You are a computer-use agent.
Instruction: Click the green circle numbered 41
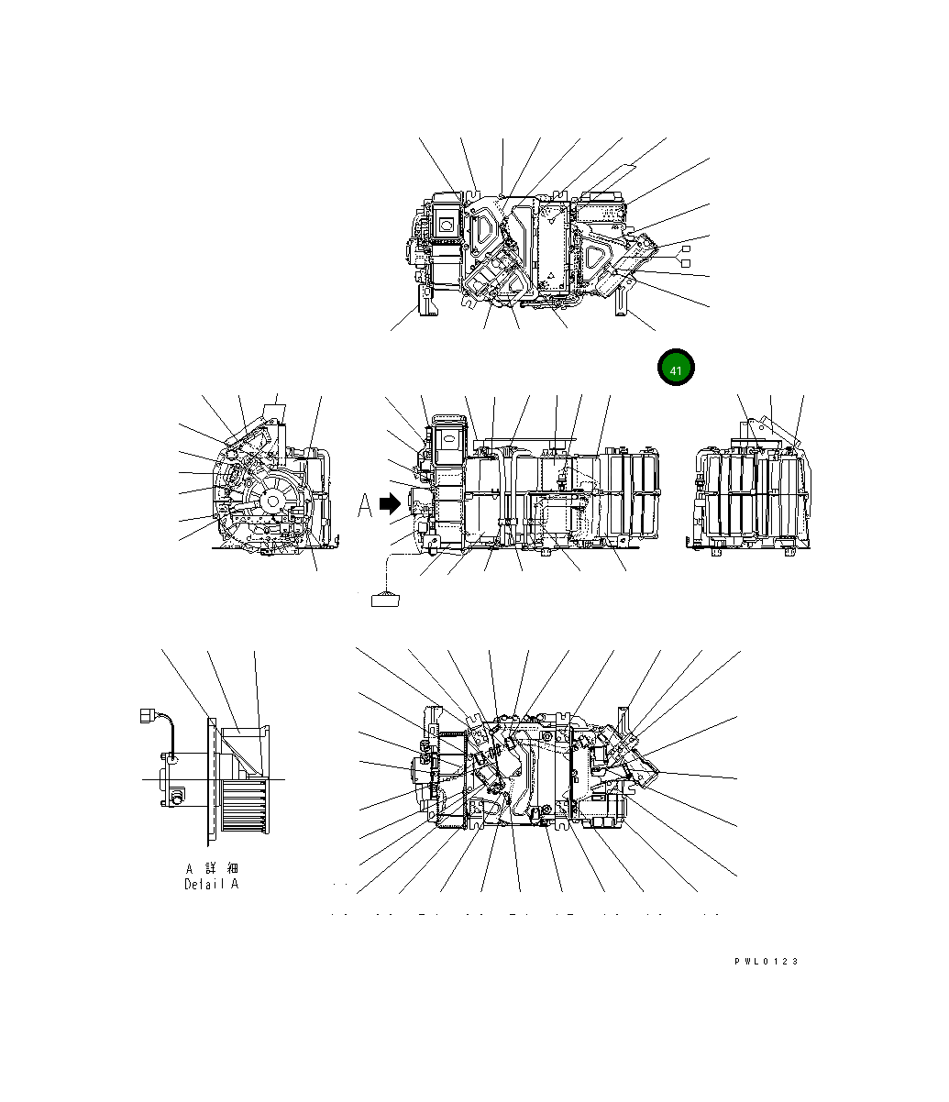676,369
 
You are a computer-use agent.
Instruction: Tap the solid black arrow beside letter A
391,503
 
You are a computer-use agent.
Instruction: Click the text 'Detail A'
211,884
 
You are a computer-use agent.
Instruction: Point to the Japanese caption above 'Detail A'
212,867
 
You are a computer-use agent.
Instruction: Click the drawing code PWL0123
766,961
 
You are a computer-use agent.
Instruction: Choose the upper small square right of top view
684,249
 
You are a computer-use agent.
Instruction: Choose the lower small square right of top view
684,264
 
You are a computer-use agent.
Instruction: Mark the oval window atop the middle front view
451,442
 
